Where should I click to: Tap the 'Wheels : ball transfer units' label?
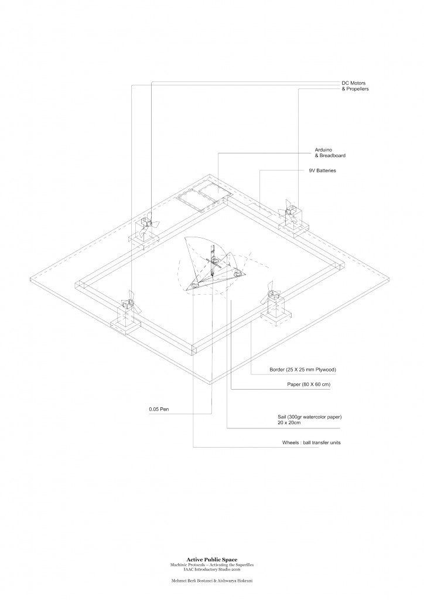pyautogui.click(x=312, y=442)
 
